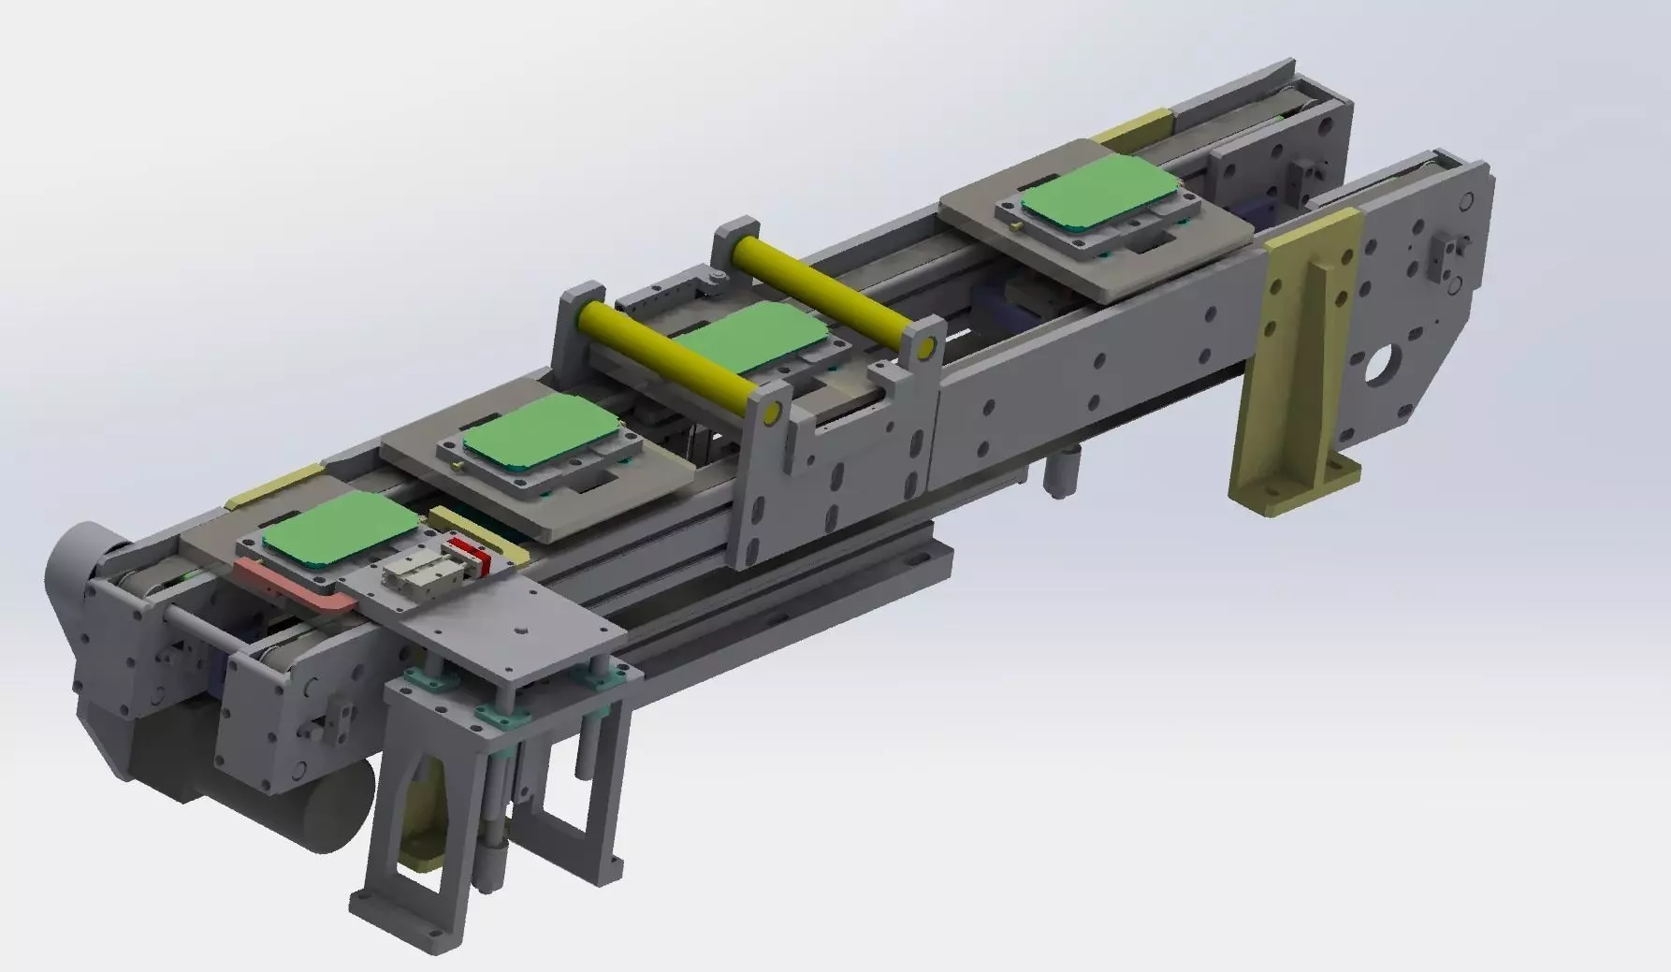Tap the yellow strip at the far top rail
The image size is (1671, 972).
(x=1134, y=126)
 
